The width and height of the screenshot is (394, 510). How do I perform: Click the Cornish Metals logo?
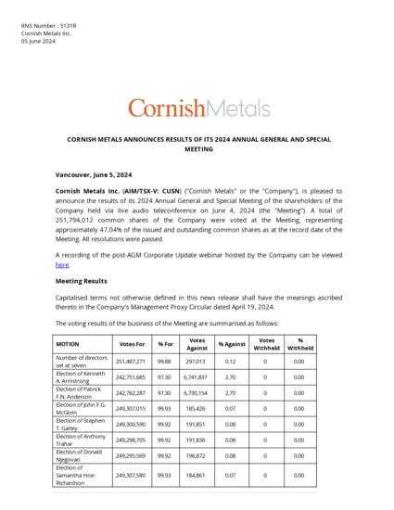[197, 108]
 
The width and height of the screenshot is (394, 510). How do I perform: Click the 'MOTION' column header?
[69, 344]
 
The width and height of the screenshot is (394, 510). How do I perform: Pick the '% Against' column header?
[232, 344]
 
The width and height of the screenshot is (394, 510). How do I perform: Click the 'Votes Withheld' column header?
[265, 344]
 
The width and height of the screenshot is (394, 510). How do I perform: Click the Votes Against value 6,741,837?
[197, 376]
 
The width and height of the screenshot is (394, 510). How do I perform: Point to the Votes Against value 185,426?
[197, 408]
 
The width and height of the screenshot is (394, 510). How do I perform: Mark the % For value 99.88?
[166, 361]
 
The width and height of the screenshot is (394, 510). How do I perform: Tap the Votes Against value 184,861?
[197, 476]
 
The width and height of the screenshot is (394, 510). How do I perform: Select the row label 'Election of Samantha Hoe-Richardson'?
[79, 476]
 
